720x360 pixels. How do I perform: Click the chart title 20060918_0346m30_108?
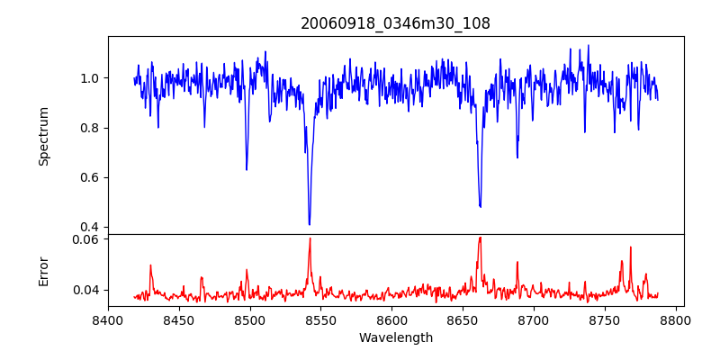[x=395, y=23]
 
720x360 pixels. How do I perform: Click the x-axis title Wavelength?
[x=395, y=338]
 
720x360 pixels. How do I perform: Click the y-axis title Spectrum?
[x=43, y=136]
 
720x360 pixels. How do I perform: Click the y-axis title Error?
[x=43, y=271]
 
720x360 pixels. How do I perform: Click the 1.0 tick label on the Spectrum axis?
[x=89, y=78]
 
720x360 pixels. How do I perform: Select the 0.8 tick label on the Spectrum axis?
[x=89, y=128]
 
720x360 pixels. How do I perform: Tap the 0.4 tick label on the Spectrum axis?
[x=89, y=227]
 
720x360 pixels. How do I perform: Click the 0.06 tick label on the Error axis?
[x=85, y=239]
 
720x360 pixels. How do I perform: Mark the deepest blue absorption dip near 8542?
[x=310, y=224]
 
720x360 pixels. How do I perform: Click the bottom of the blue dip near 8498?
[x=247, y=169]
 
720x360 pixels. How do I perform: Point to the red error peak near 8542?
[x=310, y=238]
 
